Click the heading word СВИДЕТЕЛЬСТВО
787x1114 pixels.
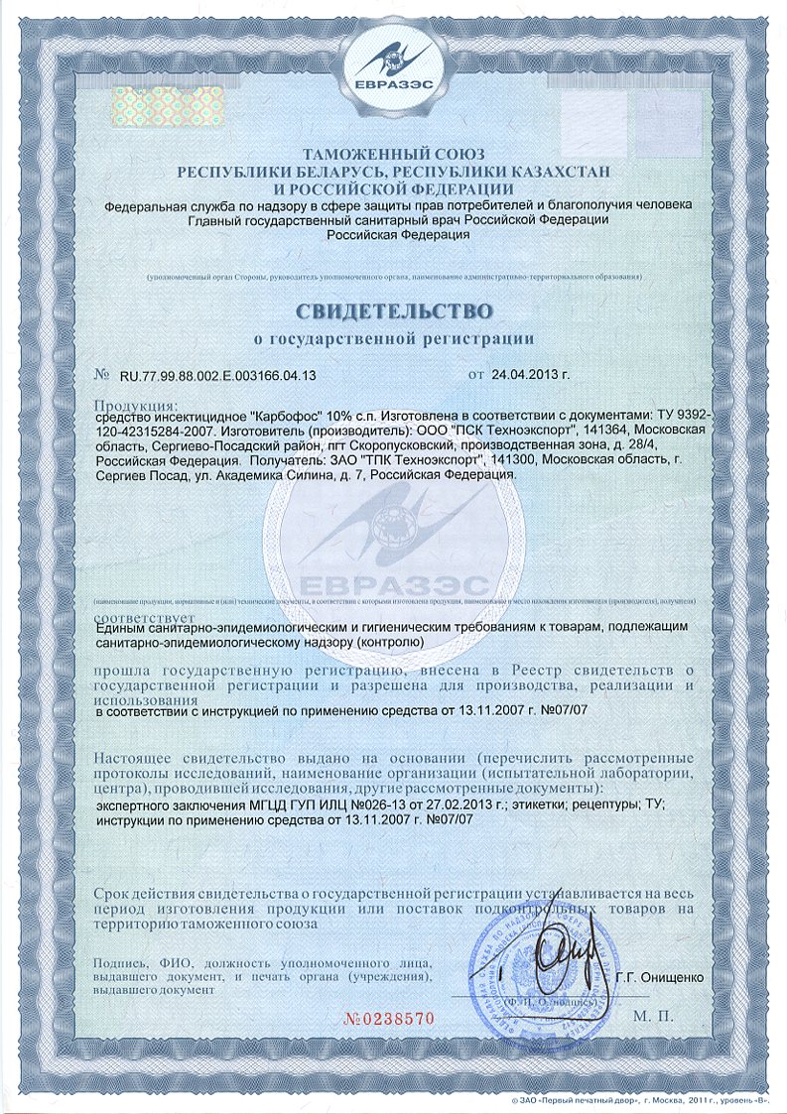(x=393, y=309)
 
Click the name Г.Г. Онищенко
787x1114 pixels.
(x=659, y=976)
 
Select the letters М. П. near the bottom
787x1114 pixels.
(x=652, y=1017)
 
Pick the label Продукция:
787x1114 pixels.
(x=136, y=405)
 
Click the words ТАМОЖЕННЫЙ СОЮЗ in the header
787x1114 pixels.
(x=393, y=156)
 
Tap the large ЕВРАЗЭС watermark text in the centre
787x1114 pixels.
(x=394, y=584)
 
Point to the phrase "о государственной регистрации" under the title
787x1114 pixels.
(x=393, y=339)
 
